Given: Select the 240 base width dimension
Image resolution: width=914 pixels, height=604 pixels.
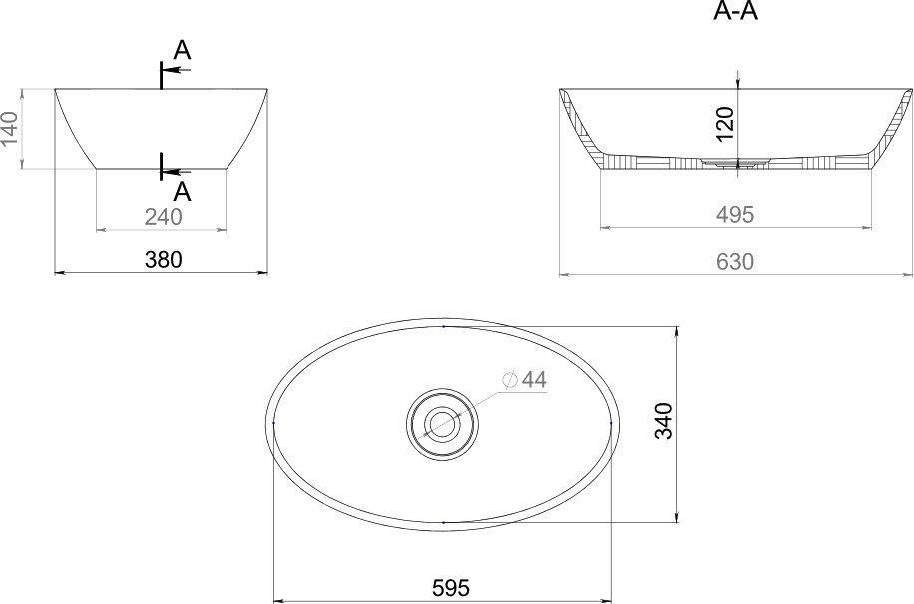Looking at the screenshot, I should tap(163, 216).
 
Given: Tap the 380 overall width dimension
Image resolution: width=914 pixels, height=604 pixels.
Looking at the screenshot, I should tap(164, 260).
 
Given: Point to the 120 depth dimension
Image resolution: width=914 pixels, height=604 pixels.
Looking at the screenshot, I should tap(725, 120).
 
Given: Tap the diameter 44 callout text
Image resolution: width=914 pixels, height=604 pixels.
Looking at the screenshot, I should tap(534, 379).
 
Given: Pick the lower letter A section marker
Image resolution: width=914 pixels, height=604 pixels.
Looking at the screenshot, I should tap(182, 190).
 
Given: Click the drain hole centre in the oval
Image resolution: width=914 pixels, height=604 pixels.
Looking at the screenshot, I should tap(442, 424).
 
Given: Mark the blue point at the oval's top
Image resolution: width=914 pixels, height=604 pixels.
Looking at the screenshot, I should tap(442, 326).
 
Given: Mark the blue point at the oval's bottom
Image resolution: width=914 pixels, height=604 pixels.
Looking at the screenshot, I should tap(442, 522).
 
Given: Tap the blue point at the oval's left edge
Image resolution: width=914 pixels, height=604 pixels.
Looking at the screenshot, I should tap(274, 424).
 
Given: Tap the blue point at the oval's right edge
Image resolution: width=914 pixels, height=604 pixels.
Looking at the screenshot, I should tap(610, 424).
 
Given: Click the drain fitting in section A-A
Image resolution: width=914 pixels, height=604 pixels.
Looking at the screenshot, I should tap(737, 160).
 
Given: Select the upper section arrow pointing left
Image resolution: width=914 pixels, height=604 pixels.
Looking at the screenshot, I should tap(177, 70).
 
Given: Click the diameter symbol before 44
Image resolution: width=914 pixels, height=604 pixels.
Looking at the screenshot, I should tap(510, 379).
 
